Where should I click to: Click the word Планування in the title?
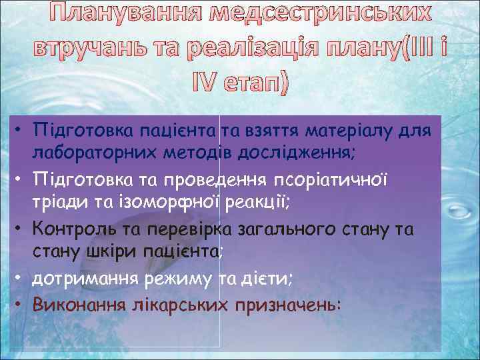127,14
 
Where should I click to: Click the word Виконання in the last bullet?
85,304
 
